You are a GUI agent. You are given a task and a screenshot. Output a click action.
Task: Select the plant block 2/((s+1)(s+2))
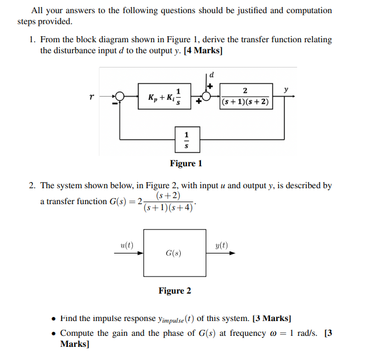[245, 97]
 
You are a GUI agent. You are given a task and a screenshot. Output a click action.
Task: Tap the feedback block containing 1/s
[187, 140]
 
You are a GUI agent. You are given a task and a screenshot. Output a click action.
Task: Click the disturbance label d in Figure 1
[211, 74]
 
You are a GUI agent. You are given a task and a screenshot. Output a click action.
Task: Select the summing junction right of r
[119, 97]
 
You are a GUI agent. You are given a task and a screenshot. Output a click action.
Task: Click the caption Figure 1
[186, 163]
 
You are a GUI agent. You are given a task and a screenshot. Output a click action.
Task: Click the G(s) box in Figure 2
[174, 253]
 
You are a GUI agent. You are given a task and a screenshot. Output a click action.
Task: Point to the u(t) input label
[127, 245]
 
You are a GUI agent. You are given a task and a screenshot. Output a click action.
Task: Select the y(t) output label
[222, 245]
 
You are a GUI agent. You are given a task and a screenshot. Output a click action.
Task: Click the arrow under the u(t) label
[132, 253]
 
